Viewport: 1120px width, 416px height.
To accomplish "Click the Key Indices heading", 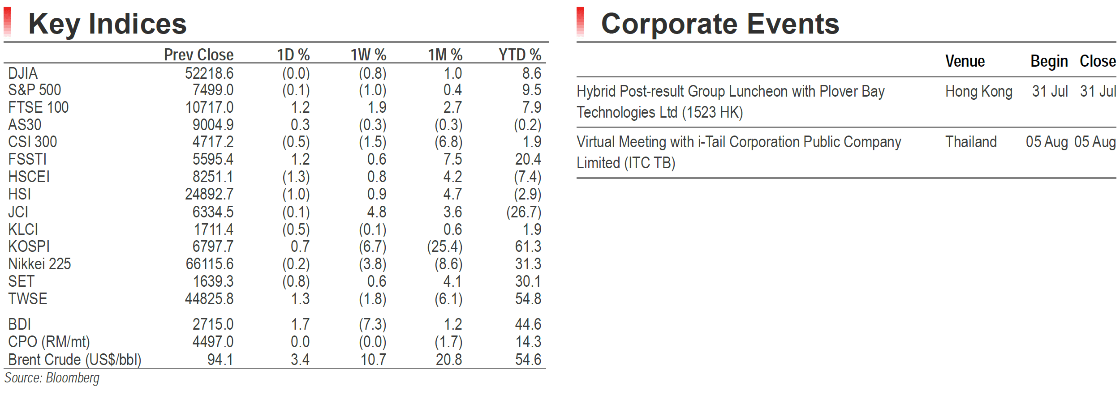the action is point(108,24).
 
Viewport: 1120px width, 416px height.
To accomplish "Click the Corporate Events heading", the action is point(720,24).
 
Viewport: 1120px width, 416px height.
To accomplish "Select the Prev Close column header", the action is point(198,55).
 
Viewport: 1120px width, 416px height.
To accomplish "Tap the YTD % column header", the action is point(520,55).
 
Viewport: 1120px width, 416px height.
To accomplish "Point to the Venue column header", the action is point(965,61).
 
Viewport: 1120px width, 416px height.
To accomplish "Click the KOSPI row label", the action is point(29,246).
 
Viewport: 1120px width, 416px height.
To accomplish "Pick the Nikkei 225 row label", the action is point(39,264).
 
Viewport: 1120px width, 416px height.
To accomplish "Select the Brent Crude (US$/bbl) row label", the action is point(75,360).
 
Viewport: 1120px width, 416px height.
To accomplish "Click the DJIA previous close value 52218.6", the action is point(209,73).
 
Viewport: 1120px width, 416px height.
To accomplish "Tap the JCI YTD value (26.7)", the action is point(524,212).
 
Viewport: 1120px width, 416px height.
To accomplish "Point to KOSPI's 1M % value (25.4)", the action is point(444,246).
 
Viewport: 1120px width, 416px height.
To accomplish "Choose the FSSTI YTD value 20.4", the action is point(528,159).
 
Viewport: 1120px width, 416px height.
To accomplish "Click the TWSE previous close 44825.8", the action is point(209,299).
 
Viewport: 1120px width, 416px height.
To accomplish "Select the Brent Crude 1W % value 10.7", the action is point(374,360).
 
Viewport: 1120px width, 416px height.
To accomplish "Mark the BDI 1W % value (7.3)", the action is point(373,324).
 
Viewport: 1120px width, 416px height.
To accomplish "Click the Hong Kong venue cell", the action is point(979,92).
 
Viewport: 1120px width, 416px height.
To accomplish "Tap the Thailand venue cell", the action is point(971,142).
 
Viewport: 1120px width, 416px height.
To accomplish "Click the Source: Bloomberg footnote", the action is point(52,378).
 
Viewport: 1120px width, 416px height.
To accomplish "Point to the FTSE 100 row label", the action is point(39,107).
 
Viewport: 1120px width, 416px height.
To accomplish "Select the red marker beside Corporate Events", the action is point(581,21).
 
